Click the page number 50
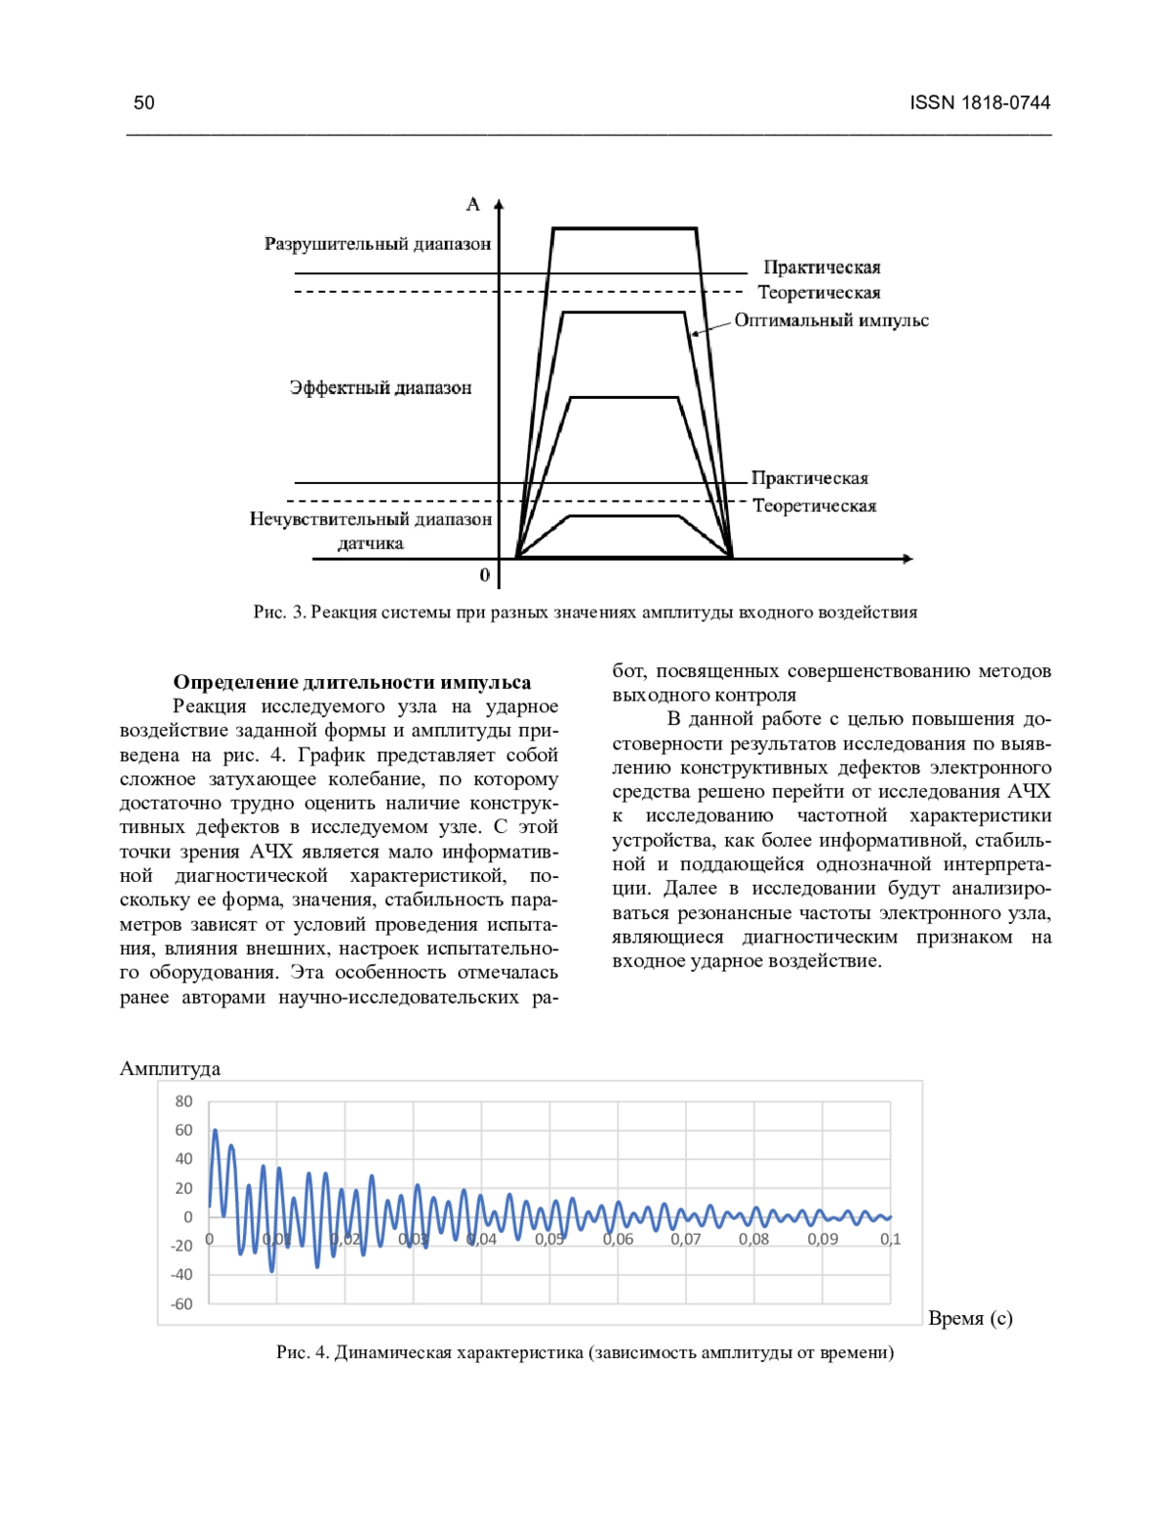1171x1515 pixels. click(x=143, y=102)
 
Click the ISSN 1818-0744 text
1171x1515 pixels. click(x=980, y=102)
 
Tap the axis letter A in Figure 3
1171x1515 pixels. click(x=473, y=204)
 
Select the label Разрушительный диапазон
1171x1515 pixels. click(x=378, y=244)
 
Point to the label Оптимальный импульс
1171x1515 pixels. click(x=830, y=320)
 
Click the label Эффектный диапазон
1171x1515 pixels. click(x=381, y=387)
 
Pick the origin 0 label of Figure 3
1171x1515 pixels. click(x=485, y=576)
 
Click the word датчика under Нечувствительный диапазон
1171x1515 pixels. click(x=371, y=543)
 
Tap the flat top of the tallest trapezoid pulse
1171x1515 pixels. click(x=625, y=228)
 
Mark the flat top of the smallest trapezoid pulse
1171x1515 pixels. click(x=623, y=515)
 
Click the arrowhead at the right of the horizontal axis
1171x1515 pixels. click(x=909, y=559)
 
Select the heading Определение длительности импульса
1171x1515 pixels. click(x=352, y=682)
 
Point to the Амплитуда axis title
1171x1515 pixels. click(x=170, y=1068)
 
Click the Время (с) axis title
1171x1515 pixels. click(x=970, y=1318)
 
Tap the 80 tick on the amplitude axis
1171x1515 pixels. click(x=183, y=1101)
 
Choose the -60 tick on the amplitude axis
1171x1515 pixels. click(x=182, y=1303)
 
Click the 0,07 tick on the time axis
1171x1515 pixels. click(x=685, y=1239)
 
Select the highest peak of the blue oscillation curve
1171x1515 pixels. click(x=216, y=1132)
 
